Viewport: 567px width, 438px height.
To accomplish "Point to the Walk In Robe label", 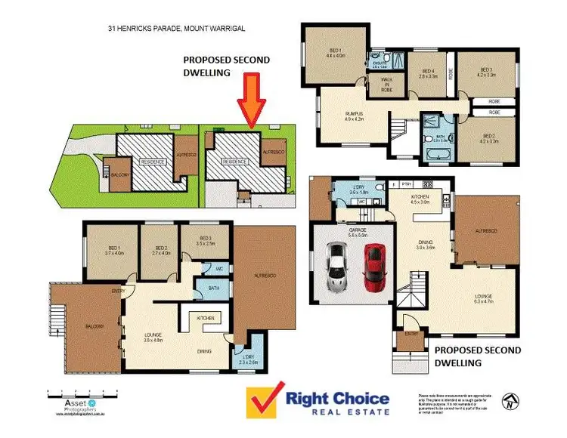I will click(x=386, y=84).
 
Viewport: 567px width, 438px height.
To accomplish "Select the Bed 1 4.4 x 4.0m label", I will click(x=335, y=52).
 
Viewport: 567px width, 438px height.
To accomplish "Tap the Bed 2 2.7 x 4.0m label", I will click(x=160, y=251).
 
